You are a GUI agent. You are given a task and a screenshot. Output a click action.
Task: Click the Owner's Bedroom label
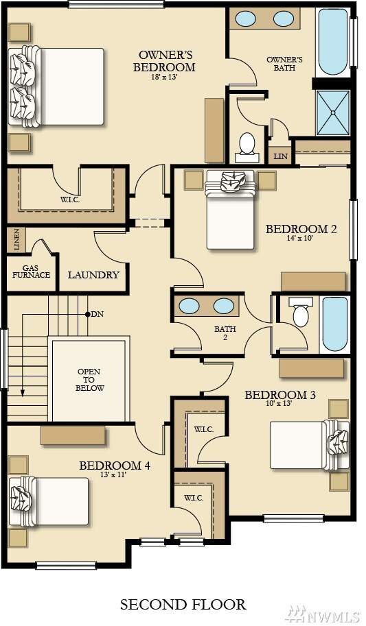pyautogui.click(x=164, y=61)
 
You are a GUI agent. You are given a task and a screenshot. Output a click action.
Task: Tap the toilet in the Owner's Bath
pyautogui.click(x=247, y=147)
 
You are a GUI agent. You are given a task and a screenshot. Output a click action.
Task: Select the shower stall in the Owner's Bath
pyautogui.click(x=333, y=113)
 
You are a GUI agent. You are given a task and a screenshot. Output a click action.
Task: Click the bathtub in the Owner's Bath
pyautogui.click(x=333, y=42)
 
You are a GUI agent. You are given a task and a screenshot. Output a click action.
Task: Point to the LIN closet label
pyautogui.click(x=280, y=156)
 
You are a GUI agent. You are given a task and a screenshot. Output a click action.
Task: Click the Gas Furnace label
pyautogui.click(x=31, y=272)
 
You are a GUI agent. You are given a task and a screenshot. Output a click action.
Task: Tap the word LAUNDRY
pyautogui.click(x=93, y=275)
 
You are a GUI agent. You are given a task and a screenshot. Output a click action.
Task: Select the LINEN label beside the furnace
pyautogui.click(x=16, y=239)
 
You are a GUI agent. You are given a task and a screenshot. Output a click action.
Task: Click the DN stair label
pyautogui.click(x=98, y=314)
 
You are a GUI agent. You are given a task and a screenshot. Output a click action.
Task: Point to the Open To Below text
pyautogui.click(x=89, y=380)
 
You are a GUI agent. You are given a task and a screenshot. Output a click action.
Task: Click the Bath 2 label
pyautogui.click(x=225, y=333)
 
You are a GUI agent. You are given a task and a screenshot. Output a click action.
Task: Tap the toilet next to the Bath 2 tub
pyautogui.click(x=300, y=313)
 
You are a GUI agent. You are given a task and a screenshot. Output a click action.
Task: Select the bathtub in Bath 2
pyautogui.click(x=335, y=324)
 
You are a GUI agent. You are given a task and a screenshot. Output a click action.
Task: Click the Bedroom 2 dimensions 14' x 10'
pyautogui.click(x=301, y=239)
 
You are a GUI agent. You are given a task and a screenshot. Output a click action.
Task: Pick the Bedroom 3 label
pyautogui.click(x=280, y=395)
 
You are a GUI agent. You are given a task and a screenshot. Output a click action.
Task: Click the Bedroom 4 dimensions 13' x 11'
pyautogui.click(x=115, y=474)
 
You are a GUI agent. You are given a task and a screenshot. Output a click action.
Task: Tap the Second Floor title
pyautogui.click(x=183, y=604)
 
